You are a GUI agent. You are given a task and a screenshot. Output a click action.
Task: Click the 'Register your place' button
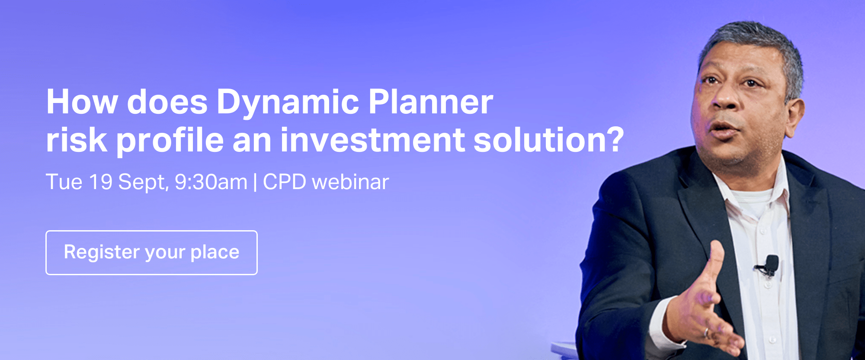[x=151, y=253]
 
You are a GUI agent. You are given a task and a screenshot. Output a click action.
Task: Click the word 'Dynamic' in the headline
[x=288, y=103]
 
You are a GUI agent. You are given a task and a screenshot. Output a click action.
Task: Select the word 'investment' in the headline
[x=372, y=140]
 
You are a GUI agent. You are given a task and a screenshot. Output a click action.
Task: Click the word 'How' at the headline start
[x=82, y=102]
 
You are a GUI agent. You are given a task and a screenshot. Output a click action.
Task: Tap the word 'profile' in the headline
[x=170, y=141]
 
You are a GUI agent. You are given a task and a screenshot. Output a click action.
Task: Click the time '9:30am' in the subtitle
[x=211, y=182]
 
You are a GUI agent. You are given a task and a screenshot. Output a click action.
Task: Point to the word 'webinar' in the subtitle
[x=350, y=182]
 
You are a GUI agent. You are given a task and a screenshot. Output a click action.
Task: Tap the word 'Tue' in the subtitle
[x=64, y=182]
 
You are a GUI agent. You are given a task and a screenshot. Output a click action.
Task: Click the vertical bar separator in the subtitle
[x=255, y=182]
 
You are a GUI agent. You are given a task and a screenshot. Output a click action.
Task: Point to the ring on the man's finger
[x=706, y=333]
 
